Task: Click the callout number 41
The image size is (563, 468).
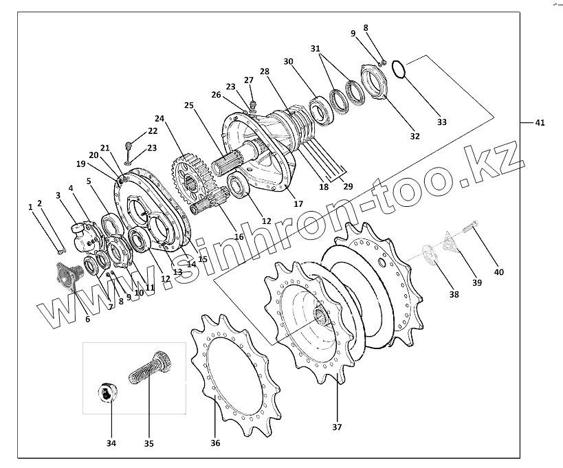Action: pyautogui.click(x=540, y=123)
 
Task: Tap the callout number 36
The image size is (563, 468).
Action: pyautogui.click(x=215, y=443)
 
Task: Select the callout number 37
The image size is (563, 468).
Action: pyautogui.click(x=336, y=427)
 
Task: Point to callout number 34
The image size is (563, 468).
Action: pyautogui.click(x=111, y=443)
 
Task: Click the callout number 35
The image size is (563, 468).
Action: pyautogui.click(x=149, y=443)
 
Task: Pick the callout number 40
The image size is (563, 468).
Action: pyautogui.click(x=499, y=272)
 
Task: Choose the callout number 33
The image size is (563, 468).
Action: pyautogui.click(x=441, y=122)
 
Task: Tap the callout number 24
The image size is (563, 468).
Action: pyautogui.click(x=159, y=118)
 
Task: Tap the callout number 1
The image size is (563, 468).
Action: pyautogui.click(x=30, y=206)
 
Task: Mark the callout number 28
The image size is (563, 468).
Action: pyautogui.click(x=264, y=71)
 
